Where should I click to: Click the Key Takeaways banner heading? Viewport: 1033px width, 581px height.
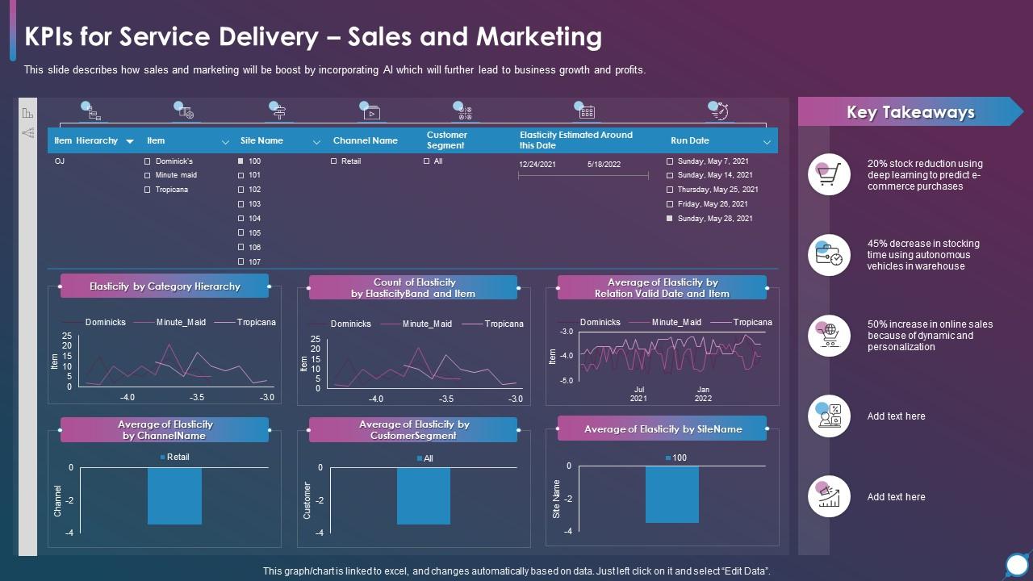tap(910, 112)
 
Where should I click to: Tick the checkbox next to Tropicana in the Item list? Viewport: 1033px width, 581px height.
tap(148, 190)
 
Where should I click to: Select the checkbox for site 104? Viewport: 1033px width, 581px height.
tap(241, 219)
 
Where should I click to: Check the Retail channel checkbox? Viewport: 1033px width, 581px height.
tap(334, 161)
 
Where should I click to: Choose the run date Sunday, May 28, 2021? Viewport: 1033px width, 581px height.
tap(670, 219)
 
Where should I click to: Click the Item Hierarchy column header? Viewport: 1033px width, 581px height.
tap(86, 140)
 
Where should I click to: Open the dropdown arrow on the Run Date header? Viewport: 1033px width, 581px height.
tap(767, 142)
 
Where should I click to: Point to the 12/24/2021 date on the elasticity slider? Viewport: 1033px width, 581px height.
tap(537, 165)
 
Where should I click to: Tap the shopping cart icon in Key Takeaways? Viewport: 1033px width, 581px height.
tap(829, 174)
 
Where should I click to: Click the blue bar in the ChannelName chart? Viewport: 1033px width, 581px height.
tap(174, 495)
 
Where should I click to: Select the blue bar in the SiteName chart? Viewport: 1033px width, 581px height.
tap(672, 494)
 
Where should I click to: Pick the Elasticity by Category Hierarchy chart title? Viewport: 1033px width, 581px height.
tap(165, 286)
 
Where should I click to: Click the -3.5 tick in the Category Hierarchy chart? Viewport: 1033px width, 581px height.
tap(197, 397)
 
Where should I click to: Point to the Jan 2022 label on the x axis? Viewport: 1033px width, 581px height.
tap(704, 394)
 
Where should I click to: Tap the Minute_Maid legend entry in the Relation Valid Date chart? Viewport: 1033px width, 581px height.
tap(676, 322)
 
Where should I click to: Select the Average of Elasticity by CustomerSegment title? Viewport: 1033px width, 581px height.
tap(413, 430)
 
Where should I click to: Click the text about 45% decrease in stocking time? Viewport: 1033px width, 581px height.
tap(923, 255)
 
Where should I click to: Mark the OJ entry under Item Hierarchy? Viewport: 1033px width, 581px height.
tap(60, 161)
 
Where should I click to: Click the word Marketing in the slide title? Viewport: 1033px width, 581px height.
tap(539, 37)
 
